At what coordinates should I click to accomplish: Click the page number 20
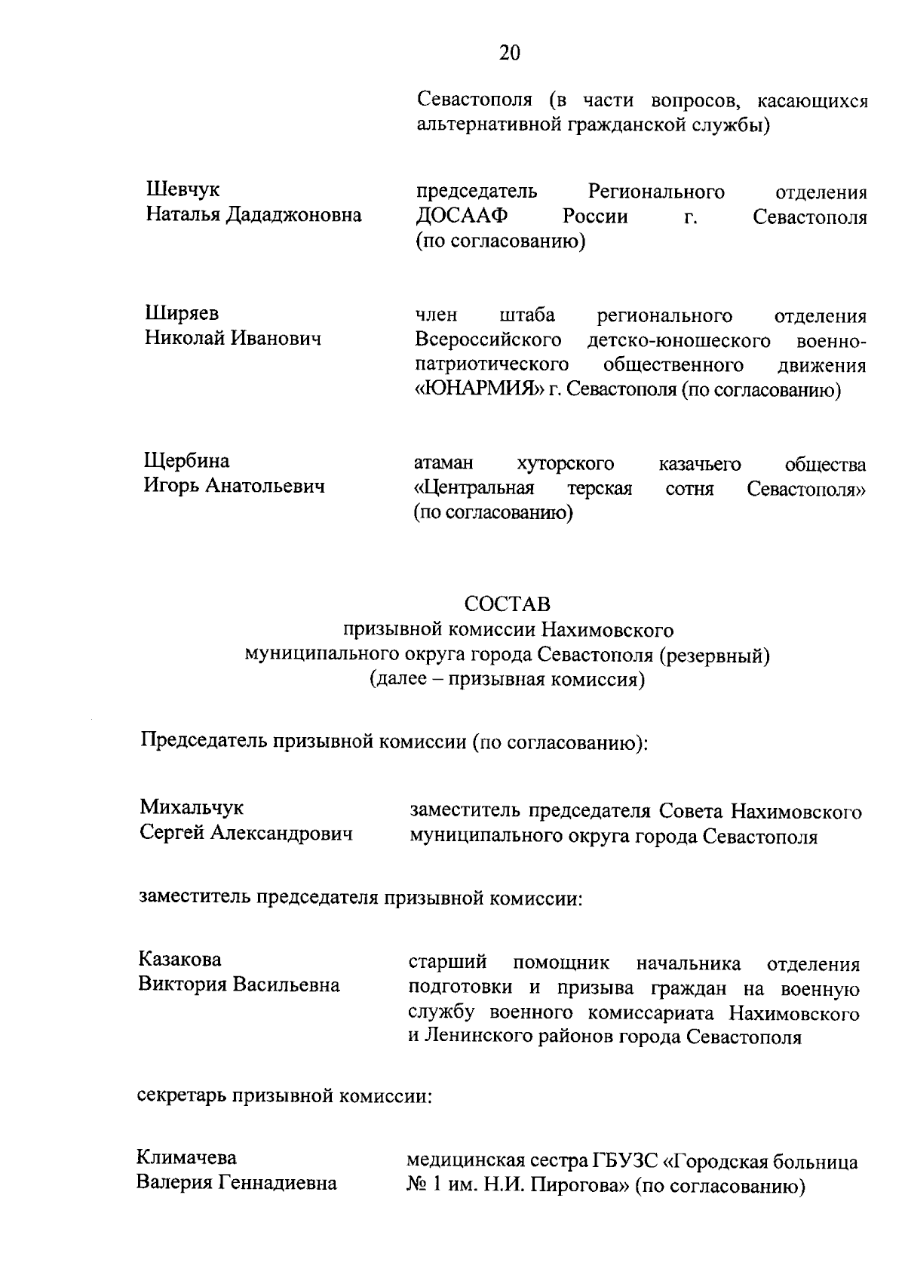tap(509, 53)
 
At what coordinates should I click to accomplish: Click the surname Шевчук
tap(183, 190)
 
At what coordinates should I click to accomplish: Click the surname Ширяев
tap(182, 313)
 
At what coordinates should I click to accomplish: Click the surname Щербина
tap(187, 460)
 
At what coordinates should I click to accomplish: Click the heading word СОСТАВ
tap(507, 604)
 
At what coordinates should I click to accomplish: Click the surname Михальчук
tap(192, 807)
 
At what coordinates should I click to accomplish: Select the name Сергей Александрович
tap(247, 834)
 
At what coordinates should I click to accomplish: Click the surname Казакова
tap(180, 960)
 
